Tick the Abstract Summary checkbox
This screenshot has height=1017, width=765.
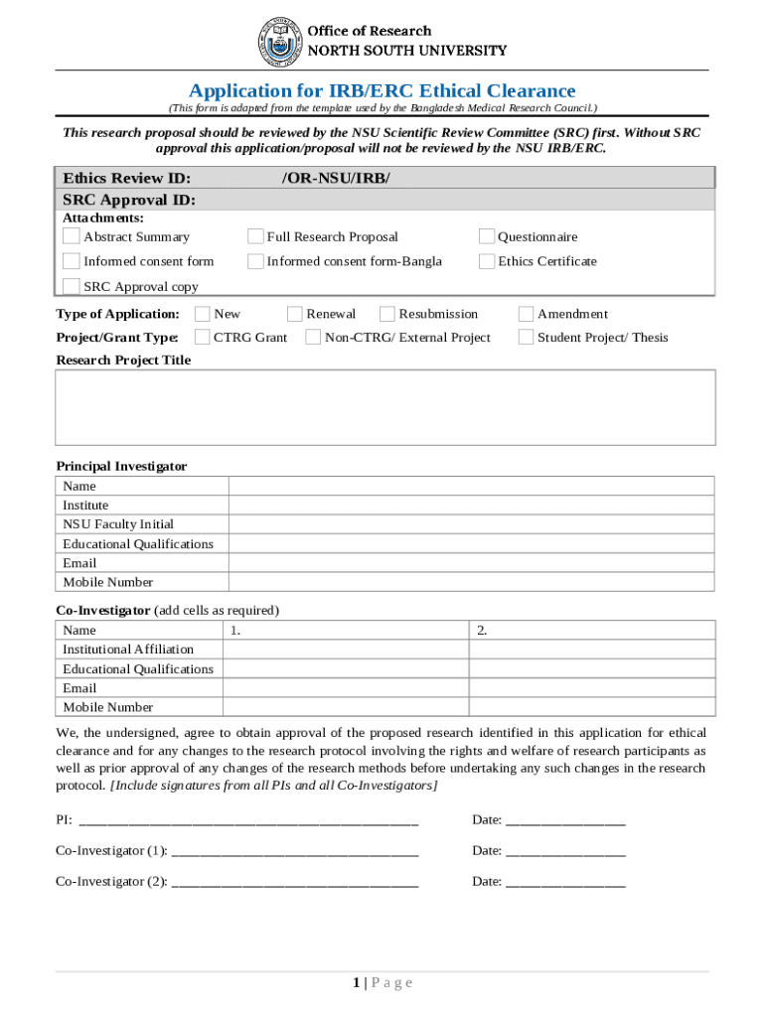tap(72, 236)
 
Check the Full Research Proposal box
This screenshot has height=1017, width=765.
tap(255, 236)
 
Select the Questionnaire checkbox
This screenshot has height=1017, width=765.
tap(487, 236)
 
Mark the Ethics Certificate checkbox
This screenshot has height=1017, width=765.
tap(487, 261)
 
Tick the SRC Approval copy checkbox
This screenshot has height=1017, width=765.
tap(72, 286)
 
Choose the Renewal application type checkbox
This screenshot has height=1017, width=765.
tap(295, 314)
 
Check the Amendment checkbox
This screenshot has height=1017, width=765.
tap(527, 314)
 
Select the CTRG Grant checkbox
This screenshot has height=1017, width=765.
tap(203, 338)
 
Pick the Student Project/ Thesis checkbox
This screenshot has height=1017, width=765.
tap(527, 338)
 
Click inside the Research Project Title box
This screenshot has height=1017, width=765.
tap(384, 407)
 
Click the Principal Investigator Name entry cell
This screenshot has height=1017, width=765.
tap(471, 486)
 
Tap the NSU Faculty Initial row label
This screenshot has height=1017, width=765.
tap(118, 524)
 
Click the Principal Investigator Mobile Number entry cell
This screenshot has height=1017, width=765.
tap(471, 582)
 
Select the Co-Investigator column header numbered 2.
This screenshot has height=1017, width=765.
tap(592, 631)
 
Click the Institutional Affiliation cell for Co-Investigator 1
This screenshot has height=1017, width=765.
tap(345, 650)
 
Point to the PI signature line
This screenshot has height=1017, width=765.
tap(248, 820)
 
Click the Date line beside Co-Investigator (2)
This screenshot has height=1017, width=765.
tap(565, 882)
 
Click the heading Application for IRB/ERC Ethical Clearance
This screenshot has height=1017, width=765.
tap(382, 91)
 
